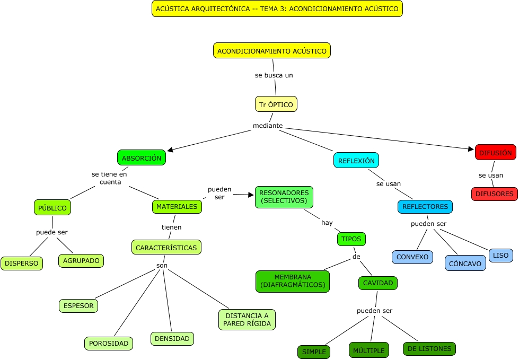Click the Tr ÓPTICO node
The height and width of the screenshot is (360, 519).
click(276, 104)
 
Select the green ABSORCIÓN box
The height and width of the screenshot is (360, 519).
click(142, 158)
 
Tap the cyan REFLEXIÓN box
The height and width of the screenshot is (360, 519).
click(356, 161)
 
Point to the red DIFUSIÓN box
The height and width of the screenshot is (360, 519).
click(495, 153)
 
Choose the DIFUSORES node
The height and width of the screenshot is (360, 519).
click(494, 194)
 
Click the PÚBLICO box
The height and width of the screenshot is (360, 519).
click(52, 208)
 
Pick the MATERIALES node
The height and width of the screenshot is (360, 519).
click(177, 206)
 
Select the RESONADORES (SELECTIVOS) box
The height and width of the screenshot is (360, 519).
click(284, 197)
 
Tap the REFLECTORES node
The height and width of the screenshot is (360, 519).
click(425, 207)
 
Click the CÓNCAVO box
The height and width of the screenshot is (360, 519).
click(465, 264)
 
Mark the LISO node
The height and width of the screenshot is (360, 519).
click(500, 256)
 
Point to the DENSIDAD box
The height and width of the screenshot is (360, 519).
click(172, 338)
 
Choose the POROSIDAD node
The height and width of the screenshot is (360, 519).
click(109, 344)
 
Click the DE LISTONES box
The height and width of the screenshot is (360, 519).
click(429, 349)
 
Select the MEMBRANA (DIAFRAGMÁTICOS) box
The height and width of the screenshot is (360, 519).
click(293, 282)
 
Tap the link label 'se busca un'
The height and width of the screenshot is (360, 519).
click(274, 75)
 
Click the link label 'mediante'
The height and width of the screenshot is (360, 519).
click(268, 126)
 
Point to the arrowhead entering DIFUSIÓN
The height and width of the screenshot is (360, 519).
click(471, 150)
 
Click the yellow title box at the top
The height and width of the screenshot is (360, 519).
click(277, 8)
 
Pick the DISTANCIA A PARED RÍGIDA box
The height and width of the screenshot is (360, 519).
click(247, 320)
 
